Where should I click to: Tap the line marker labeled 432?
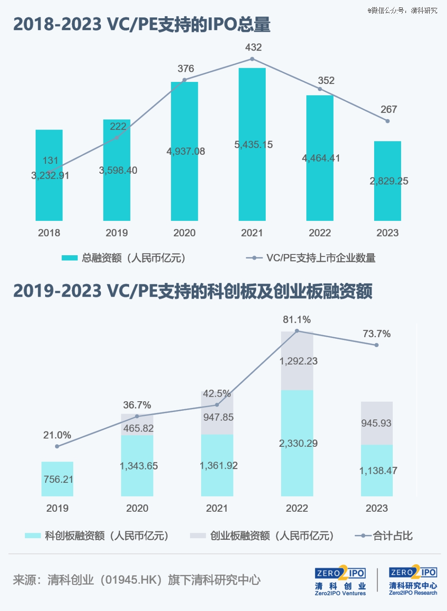[x=252, y=59]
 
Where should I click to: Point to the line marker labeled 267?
[x=387, y=121]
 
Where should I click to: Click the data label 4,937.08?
[x=185, y=151]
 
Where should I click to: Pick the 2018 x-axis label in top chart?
[x=49, y=233]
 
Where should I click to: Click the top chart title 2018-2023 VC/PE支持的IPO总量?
[x=142, y=24]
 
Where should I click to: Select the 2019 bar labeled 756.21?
[x=57, y=479]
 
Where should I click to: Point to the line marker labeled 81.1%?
[x=297, y=331]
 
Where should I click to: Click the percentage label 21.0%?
[x=57, y=435]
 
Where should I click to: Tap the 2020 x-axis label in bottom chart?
[x=137, y=508]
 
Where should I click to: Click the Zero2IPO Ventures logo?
[x=340, y=581]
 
